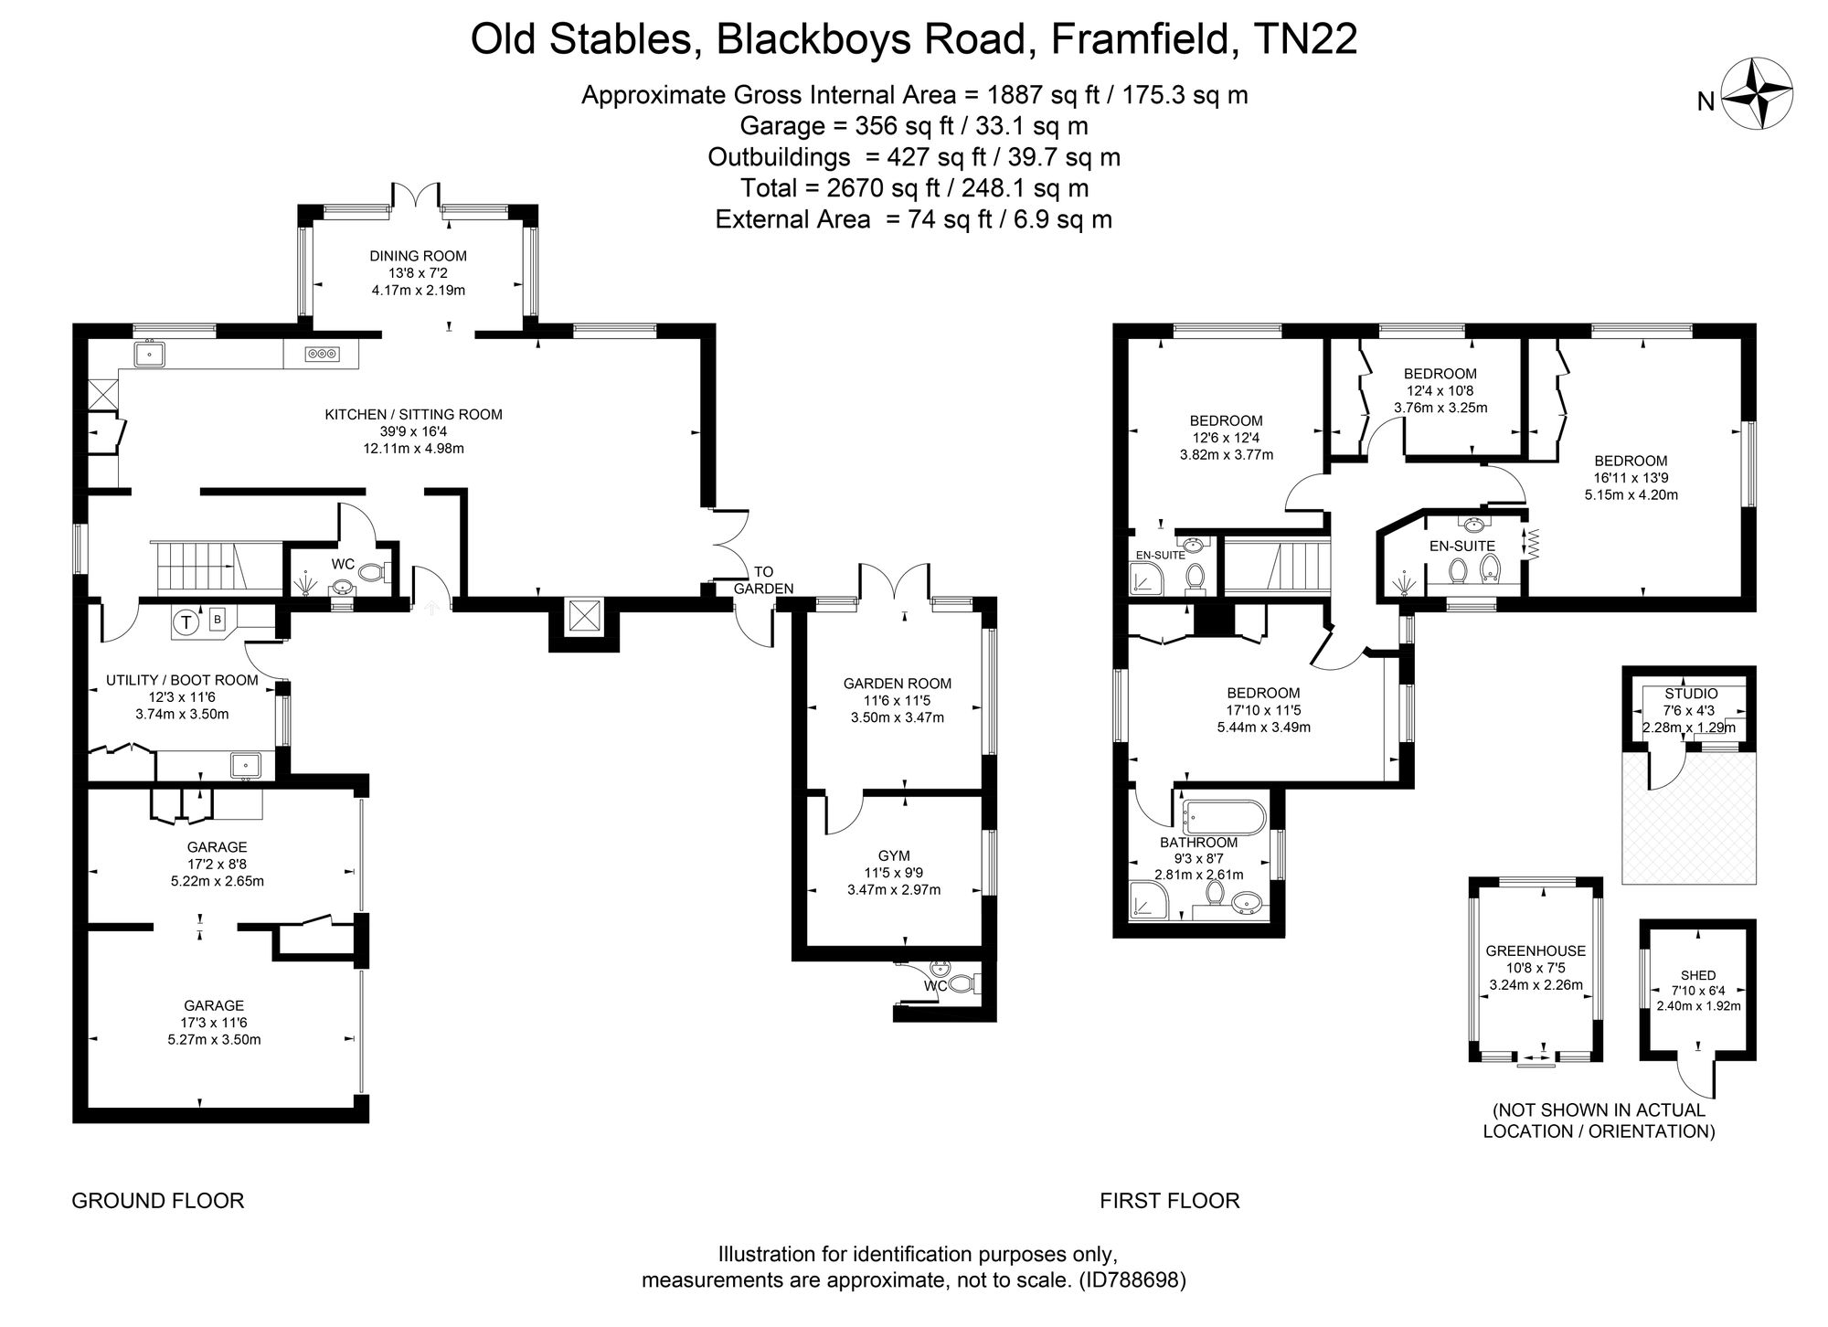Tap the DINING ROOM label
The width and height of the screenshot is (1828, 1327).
point(418,256)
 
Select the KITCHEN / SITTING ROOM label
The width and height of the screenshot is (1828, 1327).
point(413,414)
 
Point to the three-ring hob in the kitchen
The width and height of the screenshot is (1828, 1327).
point(321,353)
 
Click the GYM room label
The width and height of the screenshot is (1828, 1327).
point(893,855)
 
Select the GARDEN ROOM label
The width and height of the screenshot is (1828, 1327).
point(897,684)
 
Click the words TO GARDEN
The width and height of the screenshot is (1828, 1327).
point(763,580)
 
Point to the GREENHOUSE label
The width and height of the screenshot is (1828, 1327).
point(1535,951)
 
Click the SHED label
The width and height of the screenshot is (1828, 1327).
point(1697,975)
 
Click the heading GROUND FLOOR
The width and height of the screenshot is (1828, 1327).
point(158,1201)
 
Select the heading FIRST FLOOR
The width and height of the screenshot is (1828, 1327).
point(1169,1201)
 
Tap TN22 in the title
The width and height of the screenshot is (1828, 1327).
point(1306,40)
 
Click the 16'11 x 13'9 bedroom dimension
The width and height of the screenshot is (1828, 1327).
point(1631,478)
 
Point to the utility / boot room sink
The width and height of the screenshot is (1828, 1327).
point(246,763)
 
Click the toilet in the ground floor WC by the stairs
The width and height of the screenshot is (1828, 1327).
point(371,573)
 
